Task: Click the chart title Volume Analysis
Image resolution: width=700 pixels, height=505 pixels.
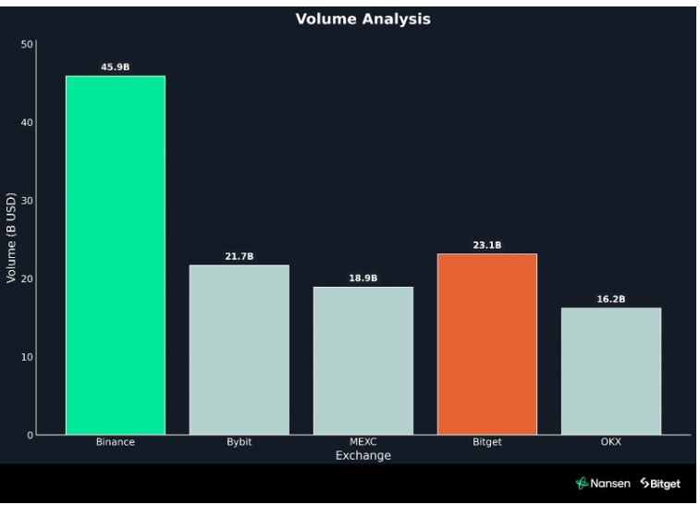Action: pyautogui.click(x=362, y=18)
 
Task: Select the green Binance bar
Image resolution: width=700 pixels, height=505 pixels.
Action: pyautogui.click(x=116, y=254)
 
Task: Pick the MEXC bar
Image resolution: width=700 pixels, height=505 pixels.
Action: pyautogui.click(x=362, y=361)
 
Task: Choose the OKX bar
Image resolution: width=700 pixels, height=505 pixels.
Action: pyautogui.click(x=610, y=371)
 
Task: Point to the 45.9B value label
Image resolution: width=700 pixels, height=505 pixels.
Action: pyautogui.click(x=116, y=67)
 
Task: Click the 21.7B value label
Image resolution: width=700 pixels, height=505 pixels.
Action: pyautogui.click(x=239, y=256)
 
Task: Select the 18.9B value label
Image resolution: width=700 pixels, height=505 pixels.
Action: pyautogui.click(x=362, y=278)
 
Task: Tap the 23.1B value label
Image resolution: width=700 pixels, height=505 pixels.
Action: pyautogui.click(x=486, y=245)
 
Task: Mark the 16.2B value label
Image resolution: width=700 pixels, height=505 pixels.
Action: pyautogui.click(x=610, y=300)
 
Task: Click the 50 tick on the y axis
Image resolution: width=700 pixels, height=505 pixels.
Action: pyautogui.click(x=26, y=44)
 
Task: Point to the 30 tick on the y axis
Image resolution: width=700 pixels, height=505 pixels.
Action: pyautogui.click(x=26, y=201)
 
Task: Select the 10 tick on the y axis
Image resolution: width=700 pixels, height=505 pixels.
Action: pyautogui.click(x=26, y=357)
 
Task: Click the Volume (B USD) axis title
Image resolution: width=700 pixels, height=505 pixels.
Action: pyautogui.click(x=11, y=239)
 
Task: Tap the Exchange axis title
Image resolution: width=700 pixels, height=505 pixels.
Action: pyautogui.click(x=362, y=455)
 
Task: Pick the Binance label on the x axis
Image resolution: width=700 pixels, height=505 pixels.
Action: pyautogui.click(x=116, y=442)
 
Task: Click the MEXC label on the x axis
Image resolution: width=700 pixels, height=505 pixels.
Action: pyautogui.click(x=362, y=442)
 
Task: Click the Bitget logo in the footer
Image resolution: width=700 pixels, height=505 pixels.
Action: pyautogui.click(x=659, y=484)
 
